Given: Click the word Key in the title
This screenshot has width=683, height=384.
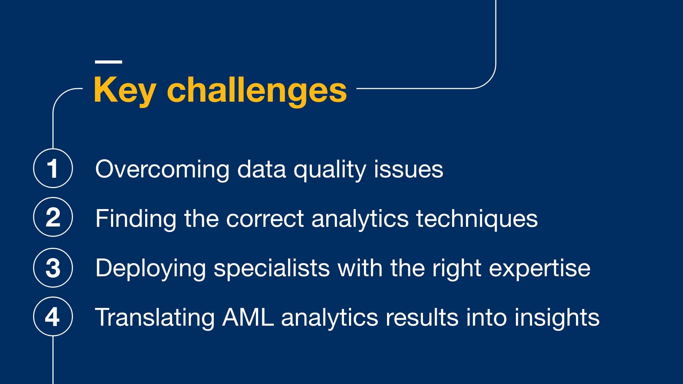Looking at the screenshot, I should (124, 90).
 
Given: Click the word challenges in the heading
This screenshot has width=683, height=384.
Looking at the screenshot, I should (256, 90).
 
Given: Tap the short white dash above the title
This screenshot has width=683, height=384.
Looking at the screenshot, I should (108, 62).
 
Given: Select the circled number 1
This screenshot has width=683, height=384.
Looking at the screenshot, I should (53, 168).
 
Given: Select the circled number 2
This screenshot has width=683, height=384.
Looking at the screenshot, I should (53, 217).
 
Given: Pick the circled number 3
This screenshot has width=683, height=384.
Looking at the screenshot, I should (53, 268).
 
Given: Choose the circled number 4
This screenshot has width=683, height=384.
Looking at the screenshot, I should (53, 316).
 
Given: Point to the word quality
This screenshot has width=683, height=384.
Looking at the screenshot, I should (329, 170).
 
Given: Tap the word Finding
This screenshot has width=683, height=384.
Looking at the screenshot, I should (136, 219).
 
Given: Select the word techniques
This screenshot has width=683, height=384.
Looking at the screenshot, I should (477, 219).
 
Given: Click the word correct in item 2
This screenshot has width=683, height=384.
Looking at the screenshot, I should (265, 219).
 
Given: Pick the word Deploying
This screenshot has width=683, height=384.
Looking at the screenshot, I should (150, 268).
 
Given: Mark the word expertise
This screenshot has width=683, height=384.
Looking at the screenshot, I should (540, 268).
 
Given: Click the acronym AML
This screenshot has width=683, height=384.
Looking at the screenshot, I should (248, 317).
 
